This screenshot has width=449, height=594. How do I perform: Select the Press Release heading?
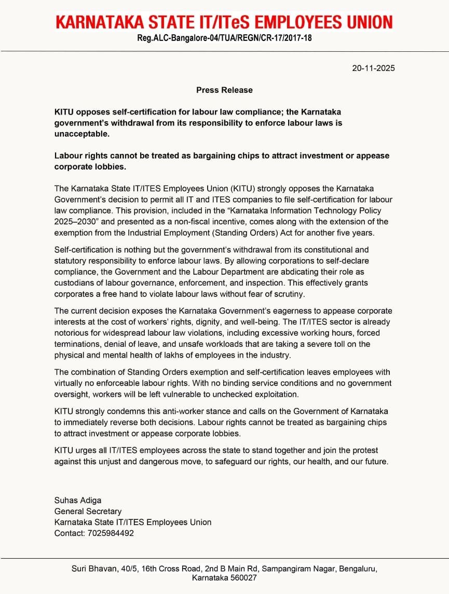224,90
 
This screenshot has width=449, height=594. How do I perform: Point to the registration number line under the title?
224,38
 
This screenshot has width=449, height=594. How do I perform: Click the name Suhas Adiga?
78,500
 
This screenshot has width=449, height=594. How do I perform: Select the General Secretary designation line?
88,511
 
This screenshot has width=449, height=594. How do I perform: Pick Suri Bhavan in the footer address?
93,569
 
